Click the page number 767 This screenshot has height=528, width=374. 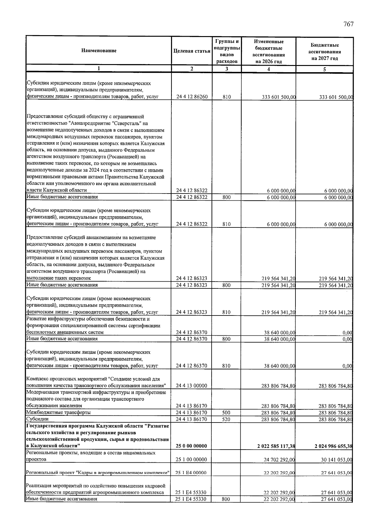[x=348, y=24]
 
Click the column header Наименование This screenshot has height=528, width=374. [x=99, y=50]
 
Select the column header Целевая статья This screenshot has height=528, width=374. [x=192, y=51]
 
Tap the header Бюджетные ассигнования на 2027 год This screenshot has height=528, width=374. [x=324, y=52]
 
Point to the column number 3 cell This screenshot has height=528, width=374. [x=227, y=69]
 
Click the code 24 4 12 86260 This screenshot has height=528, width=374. [x=192, y=97]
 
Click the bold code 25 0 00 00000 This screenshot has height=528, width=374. [x=191, y=446]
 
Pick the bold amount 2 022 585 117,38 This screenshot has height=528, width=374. [x=276, y=446]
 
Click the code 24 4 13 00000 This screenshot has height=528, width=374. [x=191, y=386]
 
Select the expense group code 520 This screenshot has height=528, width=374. [x=227, y=419]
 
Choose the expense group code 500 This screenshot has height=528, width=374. [x=227, y=413]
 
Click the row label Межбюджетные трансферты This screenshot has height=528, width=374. [x=59, y=413]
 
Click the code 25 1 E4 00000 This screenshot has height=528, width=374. [x=191, y=473]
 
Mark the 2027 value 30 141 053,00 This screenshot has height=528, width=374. [x=337, y=460]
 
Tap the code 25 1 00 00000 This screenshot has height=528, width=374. [x=191, y=460]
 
